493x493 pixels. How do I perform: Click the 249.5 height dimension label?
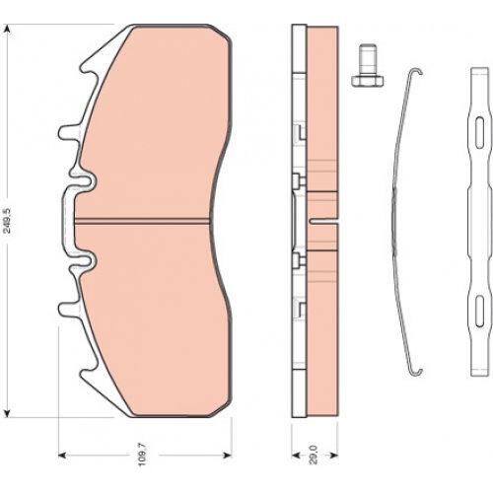[7, 221]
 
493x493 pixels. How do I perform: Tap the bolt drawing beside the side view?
[367, 65]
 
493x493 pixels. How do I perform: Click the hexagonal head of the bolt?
[367, 81]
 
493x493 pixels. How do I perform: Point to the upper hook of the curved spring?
[415, 72]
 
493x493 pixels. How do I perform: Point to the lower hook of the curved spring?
[415, 372]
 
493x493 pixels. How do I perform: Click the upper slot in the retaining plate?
[480, 132]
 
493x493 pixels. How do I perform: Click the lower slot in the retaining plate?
[480, 311]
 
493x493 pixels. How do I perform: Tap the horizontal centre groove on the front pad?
[142, 221]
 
